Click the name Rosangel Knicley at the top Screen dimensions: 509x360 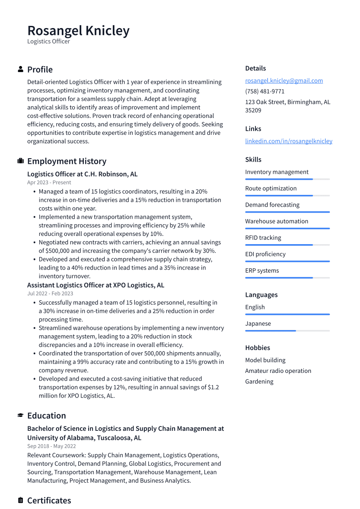[x=78, y=31]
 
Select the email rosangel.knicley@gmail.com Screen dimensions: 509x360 [x=284, y=81]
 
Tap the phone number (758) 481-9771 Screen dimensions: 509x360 [x=264, y=92]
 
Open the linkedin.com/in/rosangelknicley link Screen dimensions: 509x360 [x=289, y=141]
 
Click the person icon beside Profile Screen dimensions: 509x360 [x=20, y=70]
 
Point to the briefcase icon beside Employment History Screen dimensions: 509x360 [x=20, y=161]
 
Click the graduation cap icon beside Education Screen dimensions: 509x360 [x=20, y=416]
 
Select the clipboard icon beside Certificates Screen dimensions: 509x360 [x=20, y=500]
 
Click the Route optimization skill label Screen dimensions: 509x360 [x=271, y=188]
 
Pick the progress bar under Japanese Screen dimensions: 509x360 [x=287, y=331]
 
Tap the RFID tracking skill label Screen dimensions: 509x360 [x=263, y=238]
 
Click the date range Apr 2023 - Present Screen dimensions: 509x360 [x=49, y=183]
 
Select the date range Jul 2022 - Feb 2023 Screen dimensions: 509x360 [x=50, y=294]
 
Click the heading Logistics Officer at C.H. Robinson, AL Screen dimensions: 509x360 [x=82, y=174]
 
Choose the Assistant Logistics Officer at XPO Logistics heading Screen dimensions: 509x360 [x=96, y=285]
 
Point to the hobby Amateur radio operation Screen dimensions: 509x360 [x=278, y=371]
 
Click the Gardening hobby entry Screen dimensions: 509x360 [x=259, y=382]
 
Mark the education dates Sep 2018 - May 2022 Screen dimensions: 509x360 [x=51, y=446]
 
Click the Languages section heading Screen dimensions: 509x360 [x=261, y=295]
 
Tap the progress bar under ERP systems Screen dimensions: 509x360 [x=287, y=278]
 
